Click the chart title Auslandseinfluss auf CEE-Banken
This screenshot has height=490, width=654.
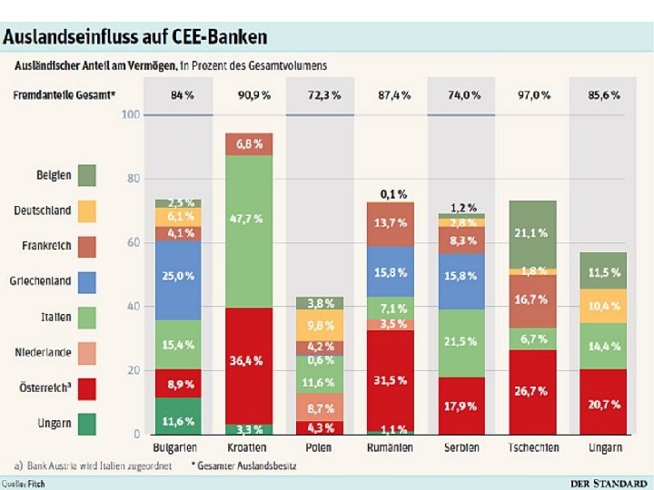(x=135, y=37)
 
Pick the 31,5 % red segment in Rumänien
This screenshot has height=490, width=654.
(x=391, y=379)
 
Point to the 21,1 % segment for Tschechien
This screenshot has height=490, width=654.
(x=532, y=233)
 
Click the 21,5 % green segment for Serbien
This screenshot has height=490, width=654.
(x=461, y=343)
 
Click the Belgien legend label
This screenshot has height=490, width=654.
(x=54, y=174)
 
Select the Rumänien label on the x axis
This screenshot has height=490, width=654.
(x=391, y=448)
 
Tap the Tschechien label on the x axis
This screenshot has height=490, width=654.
(x=532, y=448)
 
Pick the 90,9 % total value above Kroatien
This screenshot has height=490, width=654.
(x=248, y=94)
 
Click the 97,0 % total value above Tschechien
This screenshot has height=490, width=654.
(x=532, y=94)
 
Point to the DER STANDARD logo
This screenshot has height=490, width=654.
(x=609, y=483)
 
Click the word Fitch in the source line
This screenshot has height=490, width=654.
(x=35, y=484)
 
